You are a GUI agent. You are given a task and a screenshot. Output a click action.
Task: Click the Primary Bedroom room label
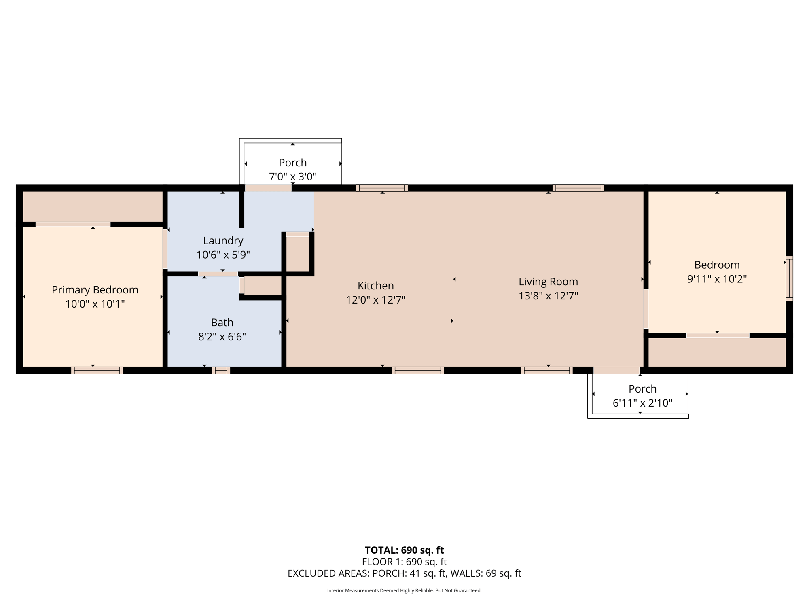[95, 290]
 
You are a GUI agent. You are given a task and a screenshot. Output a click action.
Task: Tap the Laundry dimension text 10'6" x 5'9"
[223, 255]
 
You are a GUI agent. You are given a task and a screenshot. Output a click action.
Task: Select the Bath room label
[222, 323]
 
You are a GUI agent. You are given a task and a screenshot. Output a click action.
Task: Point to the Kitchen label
[376, 286]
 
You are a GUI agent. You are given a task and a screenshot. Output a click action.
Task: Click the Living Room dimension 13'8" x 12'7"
[549, 296]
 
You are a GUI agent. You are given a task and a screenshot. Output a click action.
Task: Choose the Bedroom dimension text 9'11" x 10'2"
[717, 279]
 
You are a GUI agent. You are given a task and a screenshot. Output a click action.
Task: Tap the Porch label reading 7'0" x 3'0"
[293, 176]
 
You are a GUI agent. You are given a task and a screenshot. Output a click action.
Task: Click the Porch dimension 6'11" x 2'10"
[642, 403]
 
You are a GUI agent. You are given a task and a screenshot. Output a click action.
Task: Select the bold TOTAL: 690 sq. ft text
[404, 550]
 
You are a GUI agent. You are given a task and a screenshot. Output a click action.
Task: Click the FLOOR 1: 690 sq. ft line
[404, 562]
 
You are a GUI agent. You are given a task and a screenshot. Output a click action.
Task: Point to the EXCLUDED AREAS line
[404, 573]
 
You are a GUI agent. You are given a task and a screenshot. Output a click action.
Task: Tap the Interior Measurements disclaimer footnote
[404, 591]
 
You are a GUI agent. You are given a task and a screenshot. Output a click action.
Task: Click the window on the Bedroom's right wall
[789, 278]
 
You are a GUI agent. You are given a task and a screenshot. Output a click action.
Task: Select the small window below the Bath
[221, 370]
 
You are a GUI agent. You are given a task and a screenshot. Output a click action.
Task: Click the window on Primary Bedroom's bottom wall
[97, 370]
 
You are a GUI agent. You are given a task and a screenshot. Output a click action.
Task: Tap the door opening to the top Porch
[268, 188]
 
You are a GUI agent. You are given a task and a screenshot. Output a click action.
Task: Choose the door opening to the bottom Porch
[616, 370]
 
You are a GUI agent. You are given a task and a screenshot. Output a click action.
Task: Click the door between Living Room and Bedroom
[646, 309]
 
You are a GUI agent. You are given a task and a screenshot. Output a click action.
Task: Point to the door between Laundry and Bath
[218, 274]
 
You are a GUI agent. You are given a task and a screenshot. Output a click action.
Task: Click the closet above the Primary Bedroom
[93, 206]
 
